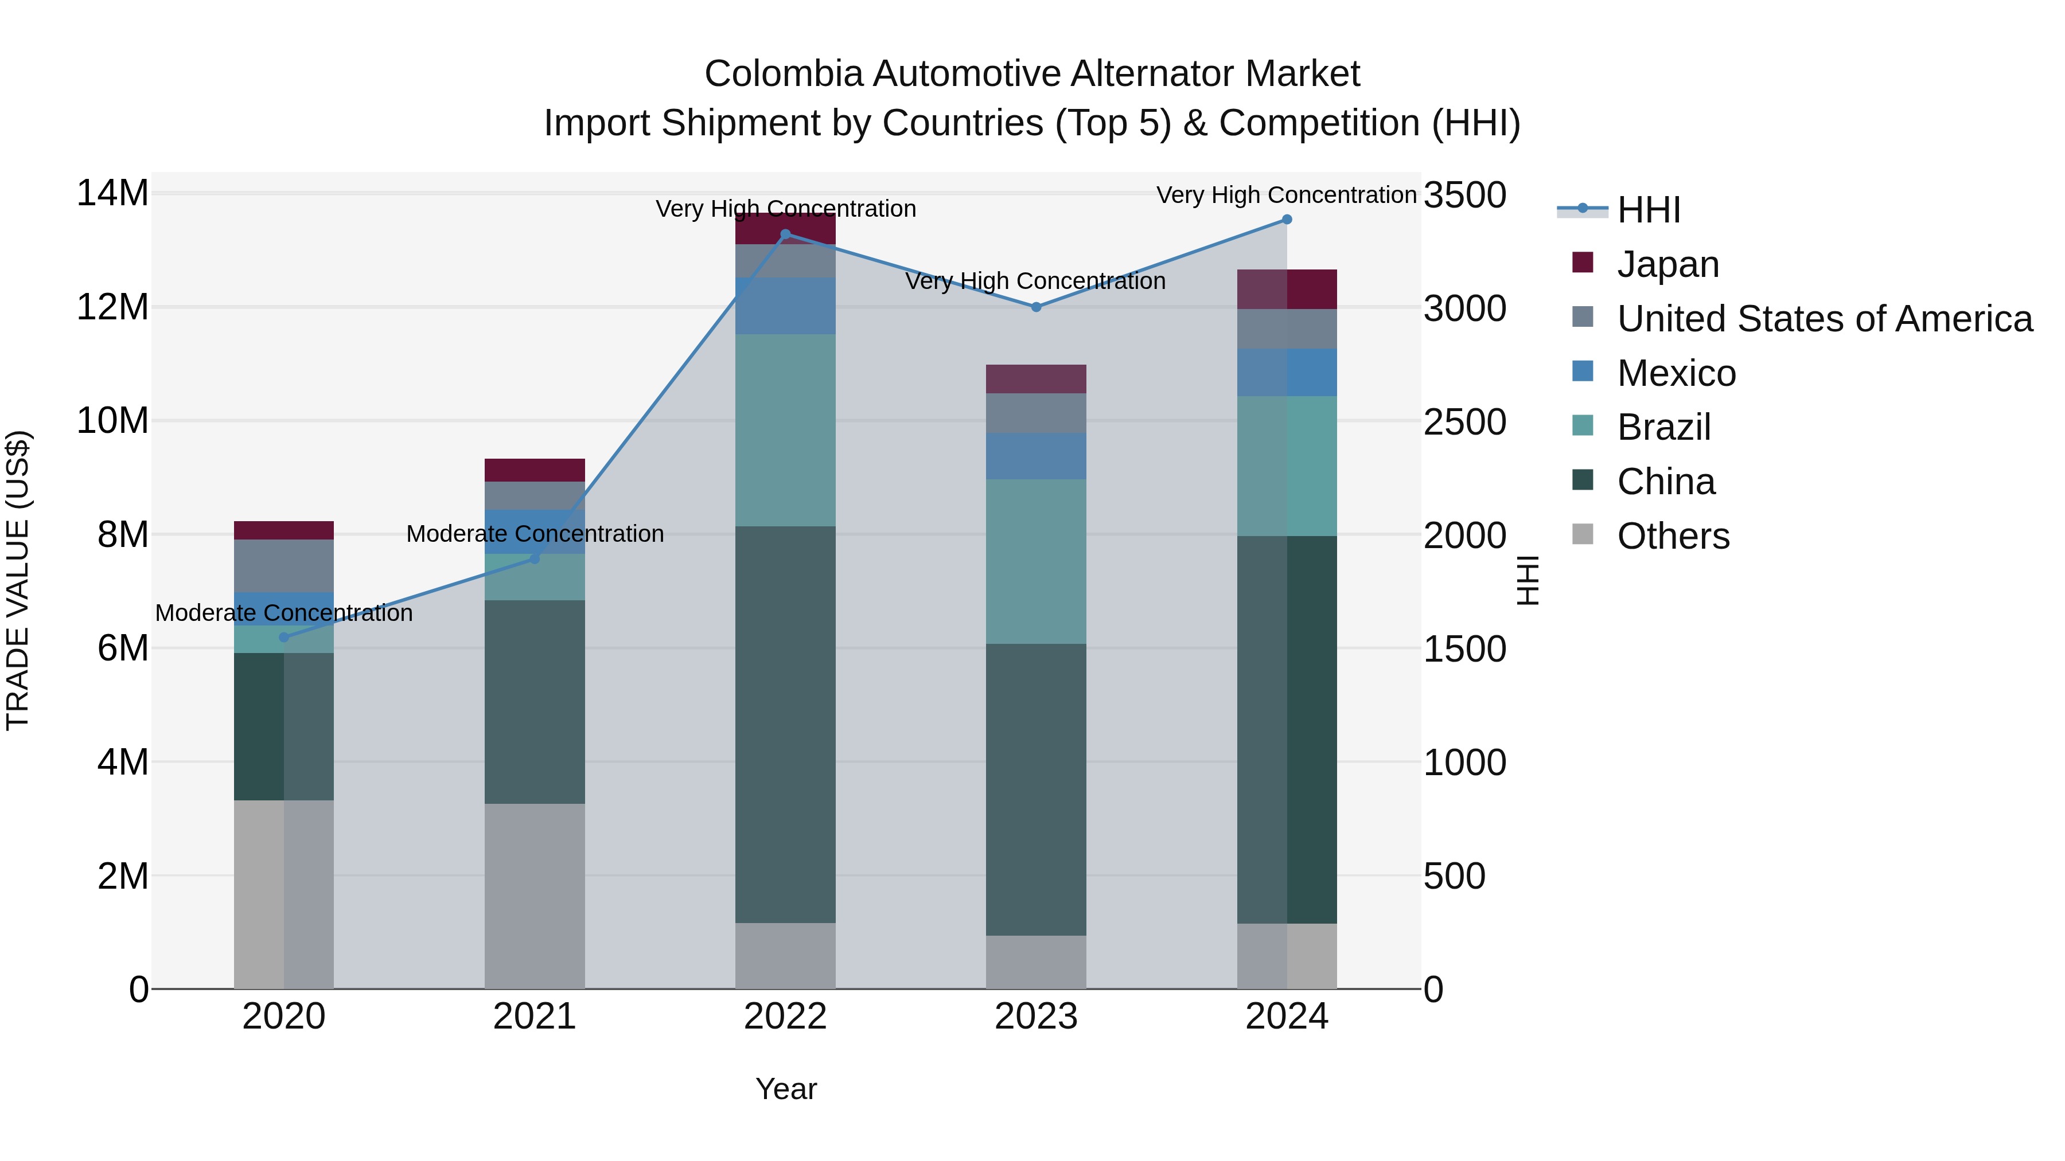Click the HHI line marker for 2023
pyautogui.click(x=1036, y=307)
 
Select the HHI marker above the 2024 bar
pyautogui.click(x=1287, y=220)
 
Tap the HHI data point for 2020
pyautogui.click(x=284, y=638)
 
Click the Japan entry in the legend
pyautogui.click(x=1667, y=264)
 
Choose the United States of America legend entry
pyautogui.click(x=1824, y=318)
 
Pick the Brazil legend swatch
pyautogui.click(x=1583, y=425)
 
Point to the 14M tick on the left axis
pyautogui.click(x=112, y=193)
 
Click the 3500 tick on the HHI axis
pyautogui.click(x=1464, y=195)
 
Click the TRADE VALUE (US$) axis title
pyautogui.click(x=18, y=580)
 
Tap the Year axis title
pyautogui.click(x=786, y=1089)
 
